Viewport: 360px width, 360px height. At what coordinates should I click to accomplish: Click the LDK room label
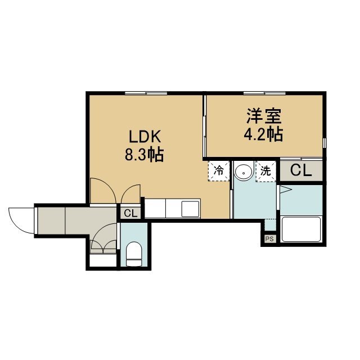[145, 137]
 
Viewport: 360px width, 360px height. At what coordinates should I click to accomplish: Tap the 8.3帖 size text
[144, 155]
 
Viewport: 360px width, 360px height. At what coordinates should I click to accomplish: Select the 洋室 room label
[264, 116]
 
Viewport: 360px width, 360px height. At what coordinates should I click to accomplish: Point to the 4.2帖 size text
[263, 134]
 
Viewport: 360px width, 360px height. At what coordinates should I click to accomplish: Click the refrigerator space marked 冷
[219, 171]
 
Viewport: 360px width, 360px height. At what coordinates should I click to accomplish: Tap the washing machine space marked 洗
[265, 171]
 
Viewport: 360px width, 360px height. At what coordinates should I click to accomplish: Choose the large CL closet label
[301, 170]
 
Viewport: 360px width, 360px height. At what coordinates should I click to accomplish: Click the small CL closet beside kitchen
[130, 214]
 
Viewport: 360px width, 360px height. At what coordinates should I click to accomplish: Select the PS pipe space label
[269, 239]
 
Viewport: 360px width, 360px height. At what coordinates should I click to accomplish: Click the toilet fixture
[134, 254]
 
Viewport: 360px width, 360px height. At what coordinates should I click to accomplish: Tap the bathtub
[301, 229]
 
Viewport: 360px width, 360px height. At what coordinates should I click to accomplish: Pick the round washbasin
[244, 172]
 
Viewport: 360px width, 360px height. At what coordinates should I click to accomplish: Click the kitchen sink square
[190, 209]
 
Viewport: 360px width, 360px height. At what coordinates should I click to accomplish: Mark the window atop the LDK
[146, 93]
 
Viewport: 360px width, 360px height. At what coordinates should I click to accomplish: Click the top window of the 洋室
[264, 93]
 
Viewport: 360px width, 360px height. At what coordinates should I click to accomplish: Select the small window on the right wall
[324, 143]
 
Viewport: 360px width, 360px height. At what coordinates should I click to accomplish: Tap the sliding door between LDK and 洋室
[204, 126]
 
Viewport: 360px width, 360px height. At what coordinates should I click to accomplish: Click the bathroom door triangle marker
[285, 190]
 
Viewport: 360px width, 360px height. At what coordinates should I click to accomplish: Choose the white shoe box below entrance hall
[103, 260]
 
